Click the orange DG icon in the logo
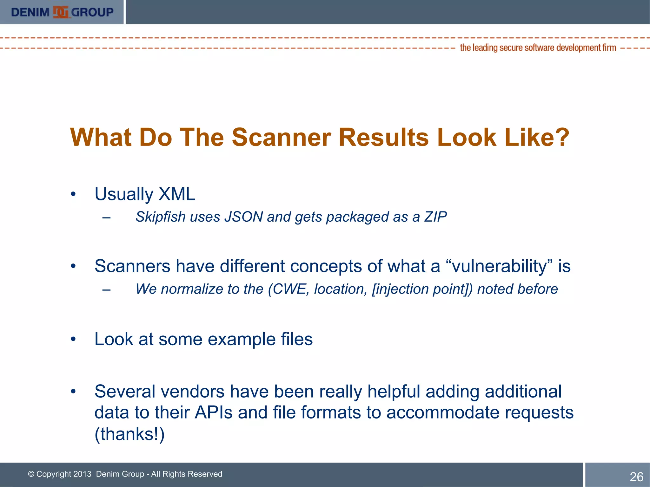coord(61,12)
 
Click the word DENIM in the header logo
coord(30,12)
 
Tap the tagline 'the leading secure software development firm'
coord(538,48)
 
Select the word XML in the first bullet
coord(177,194)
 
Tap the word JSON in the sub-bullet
coord(243,217)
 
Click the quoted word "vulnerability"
coord(500,266)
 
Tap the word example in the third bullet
coord(242,339)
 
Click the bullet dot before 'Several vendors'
coord(73,392)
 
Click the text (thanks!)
coord(129,434)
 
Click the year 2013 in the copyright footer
coord(82,474)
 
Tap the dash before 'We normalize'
coord(107,289)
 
